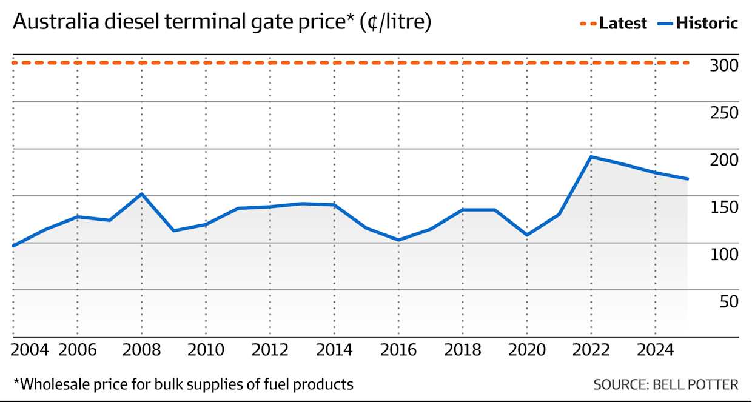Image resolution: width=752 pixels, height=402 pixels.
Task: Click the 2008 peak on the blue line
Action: click(x=141, y=194)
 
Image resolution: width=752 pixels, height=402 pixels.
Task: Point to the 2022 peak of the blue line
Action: click(x=591, y=157)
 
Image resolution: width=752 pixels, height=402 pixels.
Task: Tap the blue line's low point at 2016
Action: click(x=398, y=240)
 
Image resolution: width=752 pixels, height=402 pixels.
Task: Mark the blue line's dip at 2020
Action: click(x=526, y=235)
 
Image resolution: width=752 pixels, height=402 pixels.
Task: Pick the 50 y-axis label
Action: click(x=728, y=301)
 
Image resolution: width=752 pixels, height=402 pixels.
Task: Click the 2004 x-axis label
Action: click(x=30, y=350)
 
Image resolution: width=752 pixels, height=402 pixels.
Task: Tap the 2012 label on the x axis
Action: click(x=269, y=350)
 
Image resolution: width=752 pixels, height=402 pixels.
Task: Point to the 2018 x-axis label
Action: click(x=462, y=350)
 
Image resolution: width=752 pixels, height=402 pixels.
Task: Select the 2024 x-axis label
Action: click(x=655, y=350)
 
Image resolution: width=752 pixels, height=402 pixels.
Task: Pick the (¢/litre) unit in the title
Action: click(x=395, y=24)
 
